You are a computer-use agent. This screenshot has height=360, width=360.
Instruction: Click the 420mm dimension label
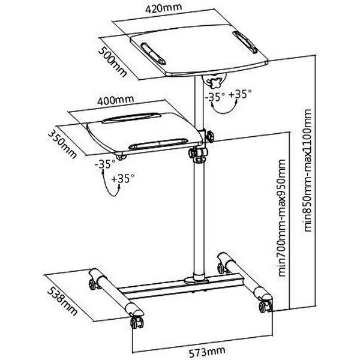pyautogui.click(x=163, y=8)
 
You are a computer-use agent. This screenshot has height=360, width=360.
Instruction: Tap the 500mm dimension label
pyautogui.click(x=113, y=62)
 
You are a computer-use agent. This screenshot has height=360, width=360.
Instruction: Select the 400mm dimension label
pyautogui.click(x=115, y=100)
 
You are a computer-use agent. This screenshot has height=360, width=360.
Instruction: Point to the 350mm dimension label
pyautogui.click(x=62, y=144)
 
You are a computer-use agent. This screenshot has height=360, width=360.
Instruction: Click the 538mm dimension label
pyautogui.click(x=62, y=301)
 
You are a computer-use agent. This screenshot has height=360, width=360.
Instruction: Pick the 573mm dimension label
pyautogui.click(x=207, y=352)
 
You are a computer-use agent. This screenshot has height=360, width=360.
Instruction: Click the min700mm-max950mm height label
pyautogui.click(x=281, y=218)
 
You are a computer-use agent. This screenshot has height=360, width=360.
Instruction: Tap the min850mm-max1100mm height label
pyautogui.click(x=307, y=170)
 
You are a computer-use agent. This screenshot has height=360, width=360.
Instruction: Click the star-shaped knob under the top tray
pyautogui.click(x=215, y=83)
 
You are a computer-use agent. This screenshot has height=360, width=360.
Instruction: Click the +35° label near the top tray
pyautogui.click(x=240, y=94)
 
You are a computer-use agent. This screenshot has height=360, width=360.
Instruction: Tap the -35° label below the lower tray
pyautogui.click(x=105, y=164)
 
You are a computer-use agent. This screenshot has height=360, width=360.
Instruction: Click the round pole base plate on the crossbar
pyautogui.click(x=196, y=281)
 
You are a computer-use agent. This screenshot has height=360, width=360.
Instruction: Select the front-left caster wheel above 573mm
pyautogui.click(x=137, y=323)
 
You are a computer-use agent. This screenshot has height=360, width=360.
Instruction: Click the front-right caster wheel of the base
pyautogui.click(x=265, y=306)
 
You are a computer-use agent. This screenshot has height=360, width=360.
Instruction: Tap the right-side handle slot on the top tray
pyautogui.click(x=245, y=42)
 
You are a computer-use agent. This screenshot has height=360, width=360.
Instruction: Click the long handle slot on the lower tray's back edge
pyautogui.click(x=131, y=117)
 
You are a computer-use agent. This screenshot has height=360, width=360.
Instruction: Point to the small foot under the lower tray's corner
pyautogui.click(x=121, y=157)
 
